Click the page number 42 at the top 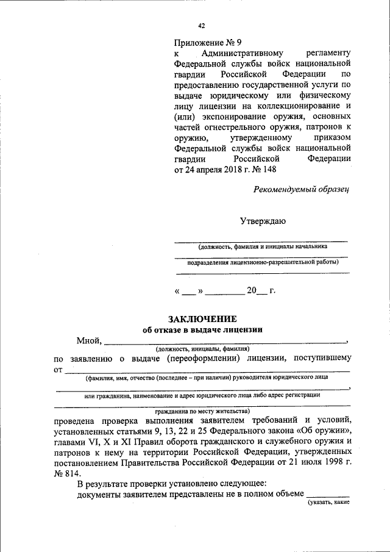click(202, 25)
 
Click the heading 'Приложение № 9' click(208, 43)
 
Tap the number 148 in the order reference click(274, 170)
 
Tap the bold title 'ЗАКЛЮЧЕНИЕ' click(202, 319)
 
